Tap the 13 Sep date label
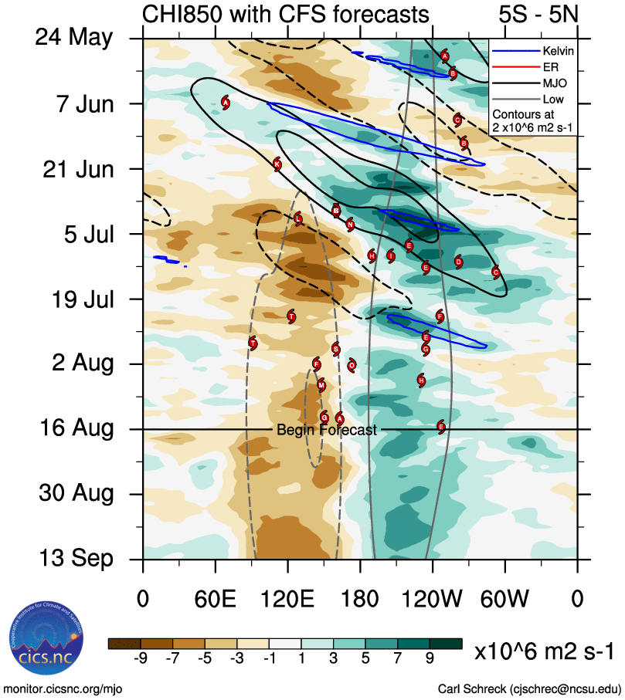pos(76,559)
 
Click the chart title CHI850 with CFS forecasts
pos(286,14)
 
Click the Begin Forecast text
pos(327,430)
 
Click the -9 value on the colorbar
pos(141,658)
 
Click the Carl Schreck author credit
pos(529,688)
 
